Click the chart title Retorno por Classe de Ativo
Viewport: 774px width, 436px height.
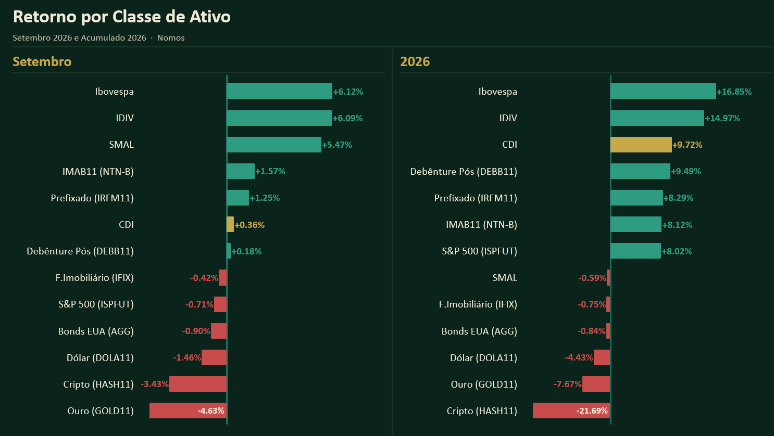point(122,17)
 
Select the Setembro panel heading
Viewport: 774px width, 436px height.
point(42,61)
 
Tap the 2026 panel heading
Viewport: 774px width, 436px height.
point(415,61)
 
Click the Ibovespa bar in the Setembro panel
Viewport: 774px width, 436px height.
point(279,91)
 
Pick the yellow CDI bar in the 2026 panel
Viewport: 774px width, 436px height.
point(641,145)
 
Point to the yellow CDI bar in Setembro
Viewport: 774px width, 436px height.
point(230,224)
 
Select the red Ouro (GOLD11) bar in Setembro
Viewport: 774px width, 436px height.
point(188,411)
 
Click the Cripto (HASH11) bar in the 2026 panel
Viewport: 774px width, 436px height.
point(571,411)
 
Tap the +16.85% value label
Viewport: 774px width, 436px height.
point(734,92)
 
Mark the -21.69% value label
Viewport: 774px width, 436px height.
point(592,411)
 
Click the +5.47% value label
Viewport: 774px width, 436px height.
point(337,145)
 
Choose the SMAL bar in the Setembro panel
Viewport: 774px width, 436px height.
point(274,145)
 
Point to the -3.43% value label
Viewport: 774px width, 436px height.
point(155,384)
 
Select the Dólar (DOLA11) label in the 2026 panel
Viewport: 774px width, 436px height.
point(484,357)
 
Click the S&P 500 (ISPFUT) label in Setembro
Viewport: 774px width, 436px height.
point(96,304)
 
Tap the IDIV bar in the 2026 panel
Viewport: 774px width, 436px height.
point(657,118)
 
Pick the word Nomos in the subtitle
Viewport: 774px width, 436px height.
point(171,37)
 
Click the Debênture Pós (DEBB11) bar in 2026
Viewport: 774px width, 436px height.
point(640,171)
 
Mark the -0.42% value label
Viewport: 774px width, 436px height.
point(204,278)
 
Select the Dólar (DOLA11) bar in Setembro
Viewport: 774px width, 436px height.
point(214,357)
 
